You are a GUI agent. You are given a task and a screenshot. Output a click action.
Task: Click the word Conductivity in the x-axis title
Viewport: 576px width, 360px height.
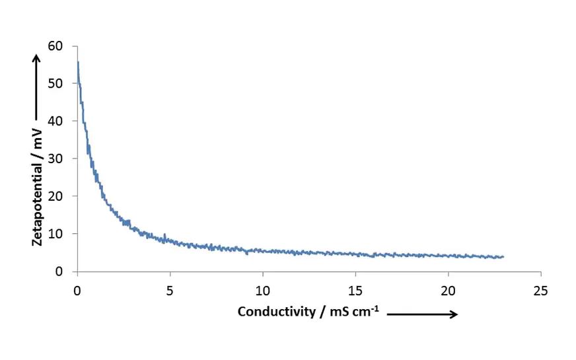coord(277,312)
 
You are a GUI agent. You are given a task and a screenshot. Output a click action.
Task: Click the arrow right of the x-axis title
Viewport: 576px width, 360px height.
coord(422,314)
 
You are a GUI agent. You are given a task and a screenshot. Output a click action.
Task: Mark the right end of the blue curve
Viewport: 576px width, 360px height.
coord(503,256)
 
